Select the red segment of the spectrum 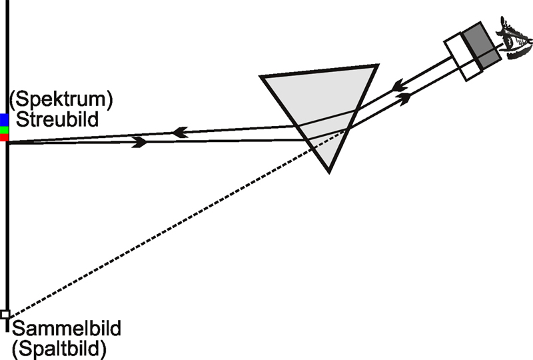pyautogui.click(x=4, y=137)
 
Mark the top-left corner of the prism pyautogui.click(x=262, y=77)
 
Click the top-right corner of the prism pyautogui.click(x=377, y=65)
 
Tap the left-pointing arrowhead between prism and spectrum pyautogui.click(x=179, y=133)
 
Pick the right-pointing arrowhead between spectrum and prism pyautogui.click(x=139, y=142)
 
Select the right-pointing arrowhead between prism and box pyautogui.click(x=404, y=98)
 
